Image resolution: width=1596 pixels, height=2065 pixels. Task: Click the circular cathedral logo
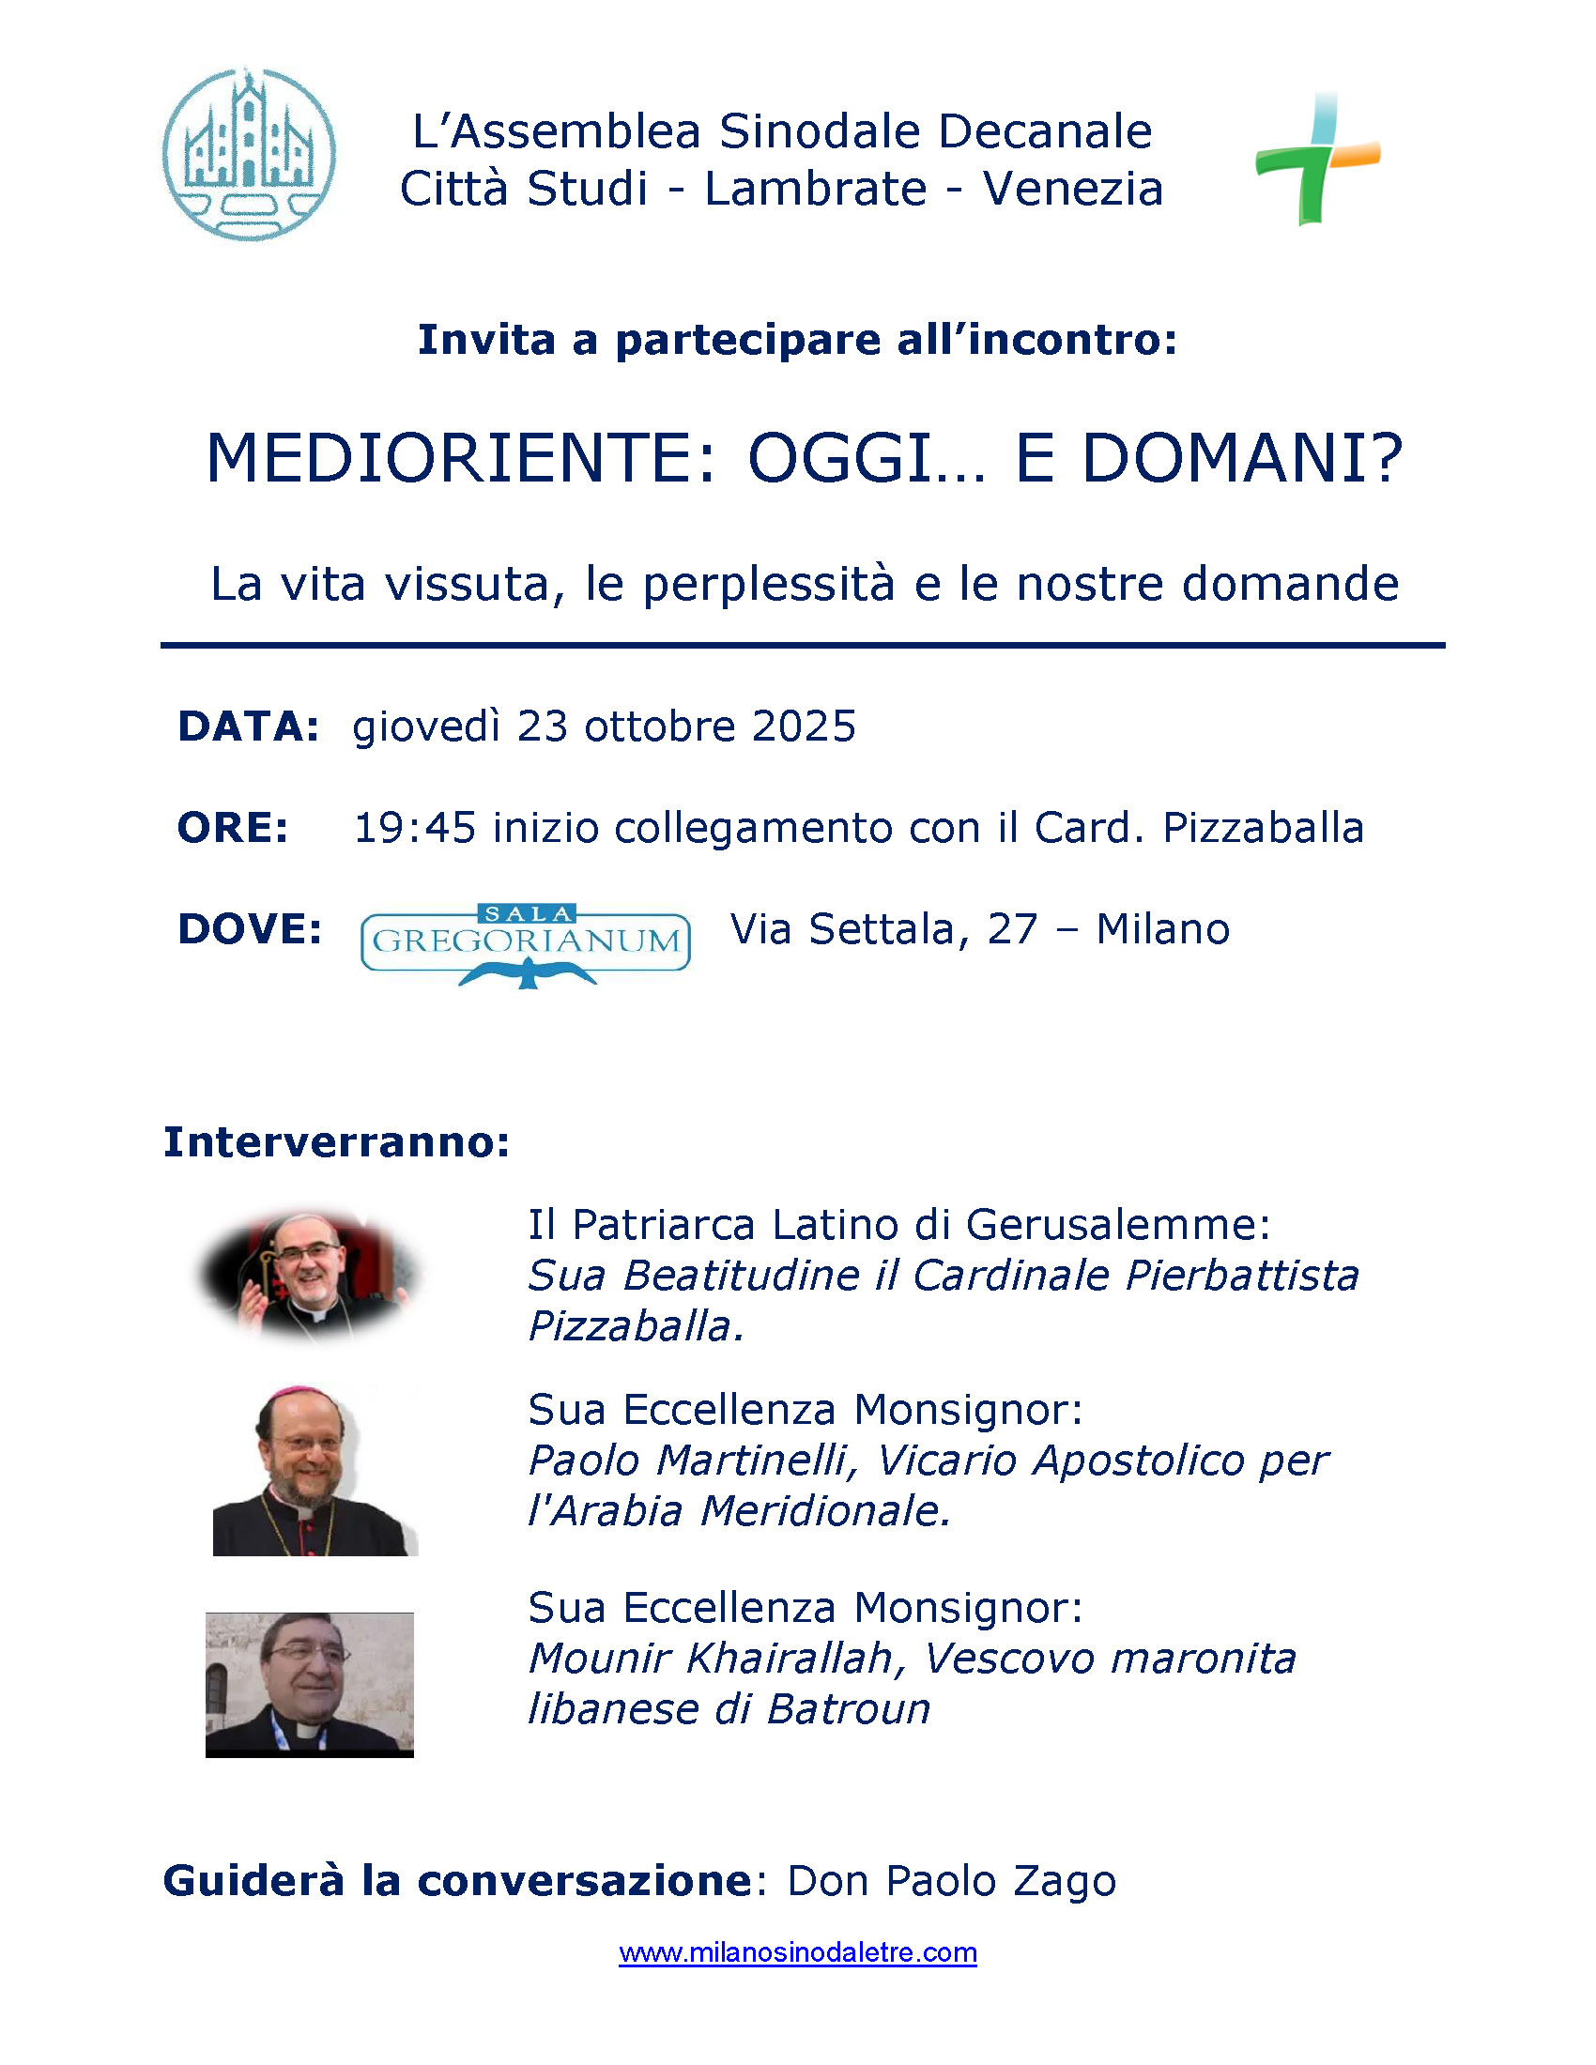(249, 154)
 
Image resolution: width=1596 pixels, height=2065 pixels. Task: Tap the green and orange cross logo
(1317, 159)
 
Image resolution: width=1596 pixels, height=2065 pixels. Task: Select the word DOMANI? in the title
(1241, 460)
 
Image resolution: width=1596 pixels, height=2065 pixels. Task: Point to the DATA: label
(249, 727)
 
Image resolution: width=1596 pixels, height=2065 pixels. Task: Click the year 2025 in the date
(804, 727)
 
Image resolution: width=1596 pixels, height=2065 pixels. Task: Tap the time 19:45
(414, 828)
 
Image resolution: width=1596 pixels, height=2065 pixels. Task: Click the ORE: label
(233, 828)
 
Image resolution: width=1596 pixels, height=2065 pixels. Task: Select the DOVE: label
(250, 929)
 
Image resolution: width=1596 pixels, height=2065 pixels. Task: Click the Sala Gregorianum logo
(526, 944)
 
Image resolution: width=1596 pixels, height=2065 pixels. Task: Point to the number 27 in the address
(1013, 929)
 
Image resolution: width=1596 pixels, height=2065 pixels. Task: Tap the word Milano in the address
(1162, 929)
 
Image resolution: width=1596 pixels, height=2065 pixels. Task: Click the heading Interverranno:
(337, 1142)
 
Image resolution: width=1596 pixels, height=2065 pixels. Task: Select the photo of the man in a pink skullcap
(313, 1471)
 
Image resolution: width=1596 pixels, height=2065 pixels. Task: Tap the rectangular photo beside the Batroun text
(309, 1685)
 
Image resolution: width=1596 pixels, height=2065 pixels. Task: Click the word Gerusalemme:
(1117, 1225)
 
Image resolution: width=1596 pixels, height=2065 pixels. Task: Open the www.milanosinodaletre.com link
(797, 1953)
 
